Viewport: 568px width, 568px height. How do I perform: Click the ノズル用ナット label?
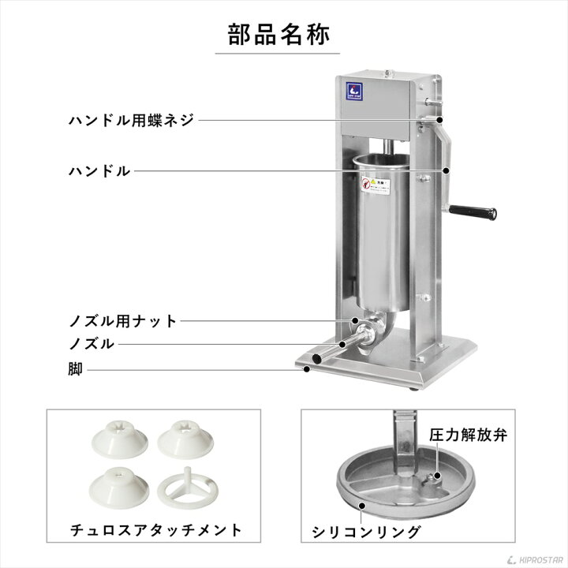(x=133, y=321)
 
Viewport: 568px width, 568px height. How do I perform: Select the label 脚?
(x=75, y=368)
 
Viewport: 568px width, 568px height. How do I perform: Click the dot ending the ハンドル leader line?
(x=447, y=170)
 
